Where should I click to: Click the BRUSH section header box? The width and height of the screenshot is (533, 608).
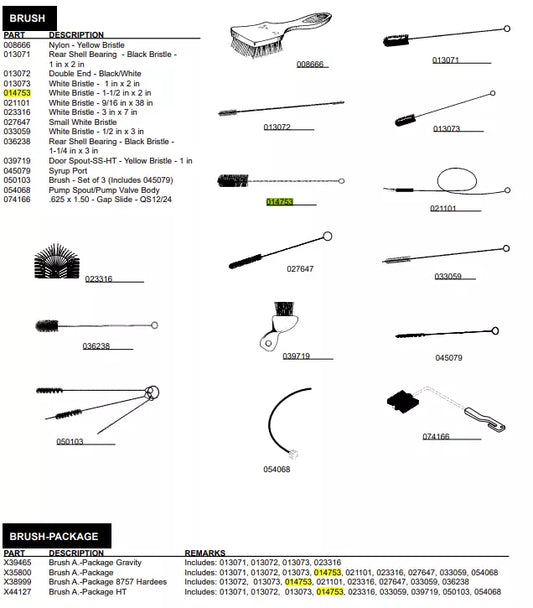29,18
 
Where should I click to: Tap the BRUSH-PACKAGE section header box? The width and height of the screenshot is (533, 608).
57,536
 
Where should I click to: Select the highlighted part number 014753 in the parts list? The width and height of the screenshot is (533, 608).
17,93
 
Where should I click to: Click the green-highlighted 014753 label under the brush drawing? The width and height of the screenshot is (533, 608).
279,202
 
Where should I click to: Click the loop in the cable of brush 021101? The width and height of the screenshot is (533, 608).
457,180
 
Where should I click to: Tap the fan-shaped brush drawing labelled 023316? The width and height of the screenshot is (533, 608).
57,261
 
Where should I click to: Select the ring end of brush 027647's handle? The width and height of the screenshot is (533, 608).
327,236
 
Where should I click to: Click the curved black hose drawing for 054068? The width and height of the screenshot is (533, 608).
282,421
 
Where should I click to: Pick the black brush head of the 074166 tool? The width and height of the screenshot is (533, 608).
403,402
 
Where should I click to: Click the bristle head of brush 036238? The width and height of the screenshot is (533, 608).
47,326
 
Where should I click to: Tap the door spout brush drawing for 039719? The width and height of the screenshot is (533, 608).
279,326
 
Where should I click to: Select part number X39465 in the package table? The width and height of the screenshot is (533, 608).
17,562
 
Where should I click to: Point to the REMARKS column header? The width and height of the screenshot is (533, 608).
205,553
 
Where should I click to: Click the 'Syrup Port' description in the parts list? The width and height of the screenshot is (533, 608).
68,171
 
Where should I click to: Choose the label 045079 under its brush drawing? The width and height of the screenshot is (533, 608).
448,358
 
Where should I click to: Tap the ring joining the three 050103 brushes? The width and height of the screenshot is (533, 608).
152,392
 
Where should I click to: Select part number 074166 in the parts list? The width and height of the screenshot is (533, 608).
17,199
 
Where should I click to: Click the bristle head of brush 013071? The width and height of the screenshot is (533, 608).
396,40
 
